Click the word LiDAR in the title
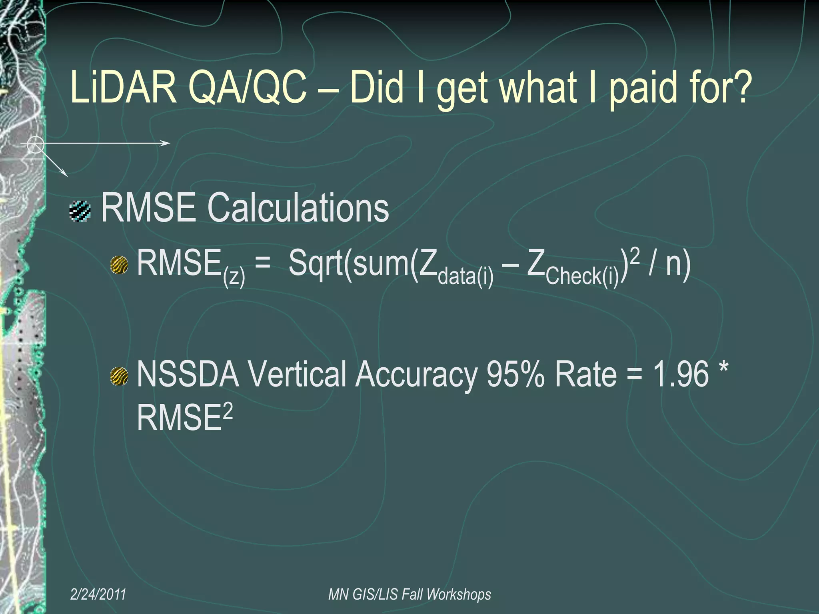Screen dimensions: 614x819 [x=123, y=87]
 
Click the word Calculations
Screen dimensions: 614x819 [x=298, y=208]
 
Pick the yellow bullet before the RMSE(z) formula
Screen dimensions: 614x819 [x=119, y=265]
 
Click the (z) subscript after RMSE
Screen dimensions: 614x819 [x=234, y=277]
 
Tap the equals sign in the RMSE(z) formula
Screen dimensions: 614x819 [x=262, y=264]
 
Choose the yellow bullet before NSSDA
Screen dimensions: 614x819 [x=119, y=377]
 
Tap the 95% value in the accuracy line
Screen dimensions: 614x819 [x=515, y=375]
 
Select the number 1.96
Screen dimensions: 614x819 [x=681, y=375]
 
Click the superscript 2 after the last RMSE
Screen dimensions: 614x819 [x=228, y=411]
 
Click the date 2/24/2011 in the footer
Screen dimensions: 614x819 [x=98, y=594]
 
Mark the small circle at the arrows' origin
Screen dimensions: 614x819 [x=35, y=144]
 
